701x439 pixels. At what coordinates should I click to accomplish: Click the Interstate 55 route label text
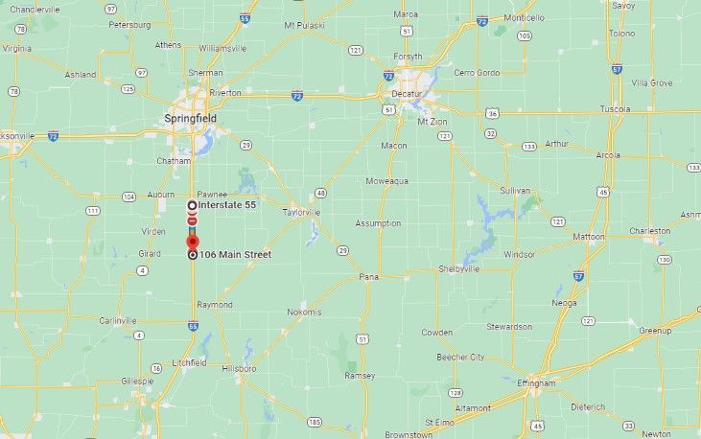(x=228, y=205)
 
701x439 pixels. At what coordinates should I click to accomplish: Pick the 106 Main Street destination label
(x=235, y=254)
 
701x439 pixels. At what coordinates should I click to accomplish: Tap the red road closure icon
(x=193, y=221)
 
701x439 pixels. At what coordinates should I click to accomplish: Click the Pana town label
(x=369, y=277)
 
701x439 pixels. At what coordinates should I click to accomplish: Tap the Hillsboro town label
(x=238, y=369)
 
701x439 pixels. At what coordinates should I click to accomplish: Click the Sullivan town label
(x=514, y=191)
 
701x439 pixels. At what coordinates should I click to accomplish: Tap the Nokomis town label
(x=303, y=312)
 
